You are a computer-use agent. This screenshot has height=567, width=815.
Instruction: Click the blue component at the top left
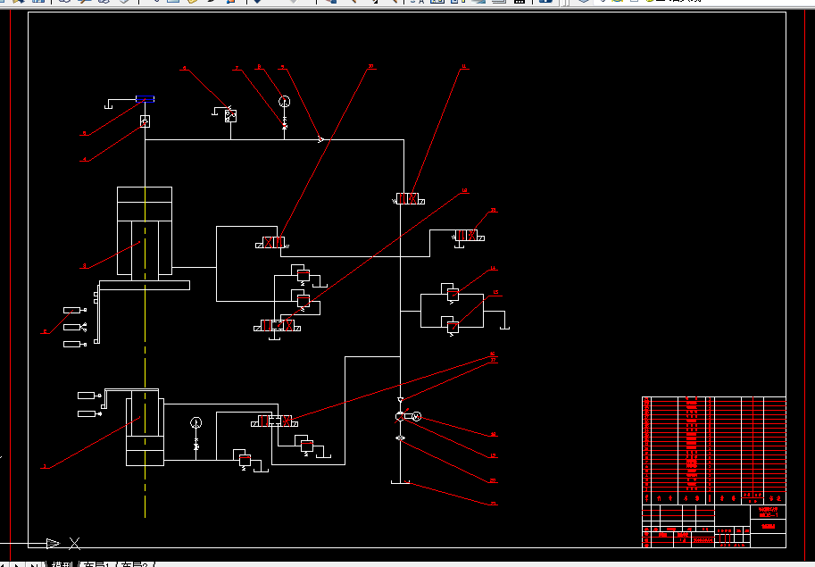coord(144,101)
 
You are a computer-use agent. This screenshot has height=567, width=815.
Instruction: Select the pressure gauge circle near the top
coord(285,101)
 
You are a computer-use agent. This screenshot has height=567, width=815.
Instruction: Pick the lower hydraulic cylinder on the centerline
coord(145,427)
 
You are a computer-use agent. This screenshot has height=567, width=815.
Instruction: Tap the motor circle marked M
coord(415,417)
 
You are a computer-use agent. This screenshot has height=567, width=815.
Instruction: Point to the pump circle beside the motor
coord(401,417)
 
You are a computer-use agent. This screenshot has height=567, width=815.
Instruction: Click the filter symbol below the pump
coord(401,438)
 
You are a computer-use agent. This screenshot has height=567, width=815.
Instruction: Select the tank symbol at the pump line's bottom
coord(400,483)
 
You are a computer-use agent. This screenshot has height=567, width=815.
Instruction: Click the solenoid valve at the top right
coord(408,198)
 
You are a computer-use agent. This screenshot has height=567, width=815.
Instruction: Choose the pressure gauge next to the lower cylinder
coord(196,421)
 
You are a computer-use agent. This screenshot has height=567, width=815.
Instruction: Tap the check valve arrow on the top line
coord(320,139)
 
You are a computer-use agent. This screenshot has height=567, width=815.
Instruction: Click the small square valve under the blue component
coord(145,121)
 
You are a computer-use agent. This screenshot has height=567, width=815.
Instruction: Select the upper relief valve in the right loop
coord(453,293)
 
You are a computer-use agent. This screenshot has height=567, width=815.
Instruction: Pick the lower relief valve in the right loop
coord(453,327)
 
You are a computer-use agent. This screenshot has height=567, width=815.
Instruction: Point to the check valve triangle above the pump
coord(401,399)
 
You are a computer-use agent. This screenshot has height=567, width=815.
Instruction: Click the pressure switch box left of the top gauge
coord(230,115)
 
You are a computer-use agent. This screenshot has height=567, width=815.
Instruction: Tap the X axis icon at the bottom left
coord(75,542)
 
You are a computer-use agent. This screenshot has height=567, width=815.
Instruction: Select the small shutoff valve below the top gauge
coord(285,124)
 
